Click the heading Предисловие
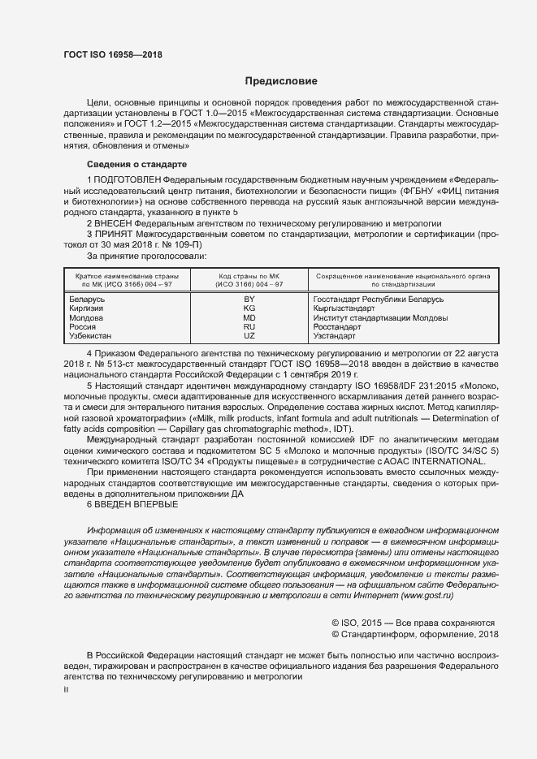[282, 81]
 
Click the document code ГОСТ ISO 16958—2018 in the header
[112, 55]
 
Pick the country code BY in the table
[249, 300]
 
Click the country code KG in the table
[249, 308]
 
